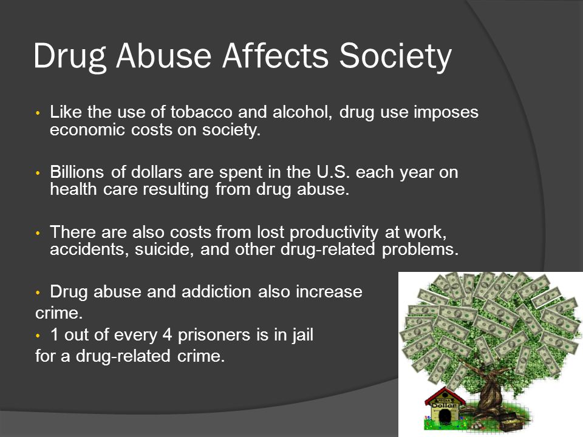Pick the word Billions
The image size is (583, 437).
point(78,172)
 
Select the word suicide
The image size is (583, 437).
point(154,249)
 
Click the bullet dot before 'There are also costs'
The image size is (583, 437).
point(38,233)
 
